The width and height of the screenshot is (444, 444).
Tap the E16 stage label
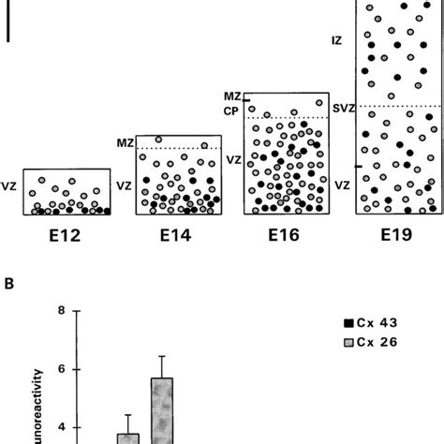coord(285,236)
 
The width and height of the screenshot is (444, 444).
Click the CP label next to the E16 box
coord(231,110)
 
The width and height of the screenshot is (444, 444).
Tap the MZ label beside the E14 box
coord(124,142)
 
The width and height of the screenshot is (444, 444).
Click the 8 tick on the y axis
coord(61,311)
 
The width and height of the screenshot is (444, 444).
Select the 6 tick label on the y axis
coord(61,369)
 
